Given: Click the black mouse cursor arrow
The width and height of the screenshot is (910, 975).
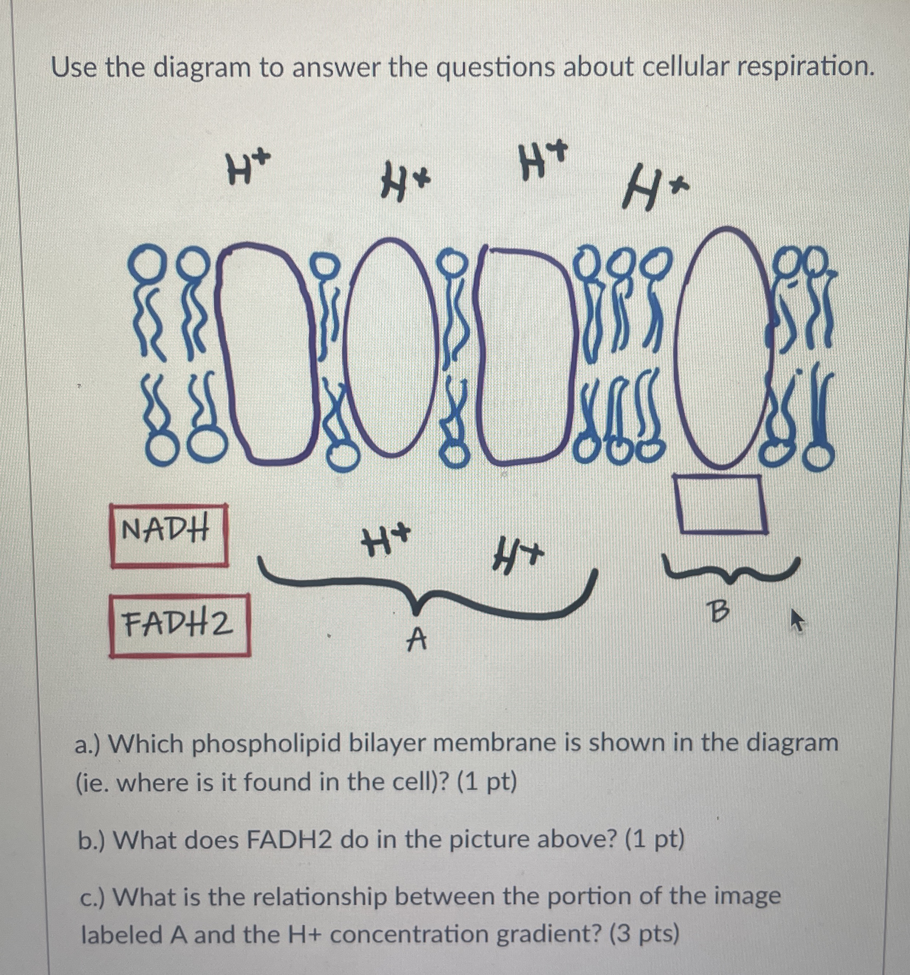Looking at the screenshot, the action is (797, 621).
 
